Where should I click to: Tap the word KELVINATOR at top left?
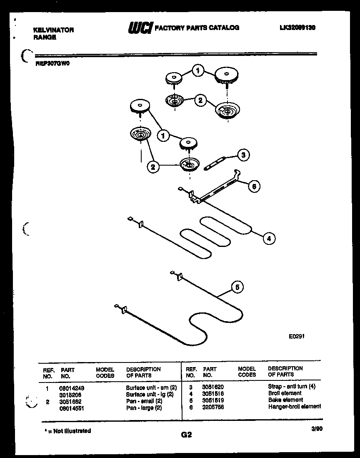click(x=53, y=30)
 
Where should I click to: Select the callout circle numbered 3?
click(x=243, y=155)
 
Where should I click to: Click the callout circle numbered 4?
click(x=269, y=239)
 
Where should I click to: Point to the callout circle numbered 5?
click(x=237, y=287)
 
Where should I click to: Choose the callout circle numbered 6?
click(x=253, y=186)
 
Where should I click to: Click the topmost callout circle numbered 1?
click(x=198, y=71)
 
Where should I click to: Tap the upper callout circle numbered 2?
click(x=200, y=100)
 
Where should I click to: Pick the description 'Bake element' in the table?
click(x=285, y=400)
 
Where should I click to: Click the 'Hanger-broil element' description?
click(x=295, y=406)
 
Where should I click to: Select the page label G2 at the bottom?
click(x=186, y=435)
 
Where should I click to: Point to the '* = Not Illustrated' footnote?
click(x=67, y=431)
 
